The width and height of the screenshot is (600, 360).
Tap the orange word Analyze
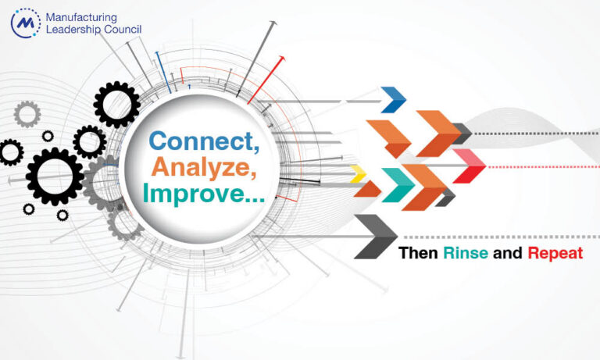204,167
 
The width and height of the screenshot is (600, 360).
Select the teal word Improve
204,194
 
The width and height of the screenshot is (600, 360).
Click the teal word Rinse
466,253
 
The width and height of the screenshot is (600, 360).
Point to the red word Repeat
555,254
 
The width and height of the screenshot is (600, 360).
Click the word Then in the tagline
418,253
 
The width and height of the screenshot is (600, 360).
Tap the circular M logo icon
26,23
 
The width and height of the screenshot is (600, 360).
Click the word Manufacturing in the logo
81,18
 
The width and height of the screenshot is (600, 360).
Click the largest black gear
55,176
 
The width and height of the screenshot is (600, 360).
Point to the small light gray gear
27,114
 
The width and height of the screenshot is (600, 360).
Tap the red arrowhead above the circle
281,59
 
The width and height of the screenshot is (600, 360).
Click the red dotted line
544,167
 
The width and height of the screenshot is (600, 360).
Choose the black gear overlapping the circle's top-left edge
116,105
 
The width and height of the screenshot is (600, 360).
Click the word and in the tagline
508,253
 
